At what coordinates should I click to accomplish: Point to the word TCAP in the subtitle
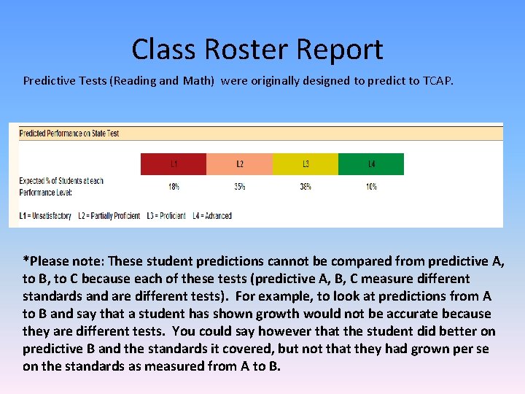(437, 80)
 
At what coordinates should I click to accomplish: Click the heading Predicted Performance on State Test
(69, 134)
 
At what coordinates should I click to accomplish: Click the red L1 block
(174, 164)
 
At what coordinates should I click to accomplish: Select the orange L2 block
(239, 164)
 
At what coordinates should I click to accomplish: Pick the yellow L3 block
(306, 164)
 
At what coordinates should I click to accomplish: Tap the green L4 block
(371, 164)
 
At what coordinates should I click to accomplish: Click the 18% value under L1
(174, 187)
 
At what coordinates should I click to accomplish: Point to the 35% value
(239, 187)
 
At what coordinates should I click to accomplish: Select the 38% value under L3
(306, 187)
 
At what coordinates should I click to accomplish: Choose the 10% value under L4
(371, 187)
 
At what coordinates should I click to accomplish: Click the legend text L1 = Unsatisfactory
(45, 216)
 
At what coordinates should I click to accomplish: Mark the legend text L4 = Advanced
(212, 216)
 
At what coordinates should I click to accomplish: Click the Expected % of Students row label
(61, 185)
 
